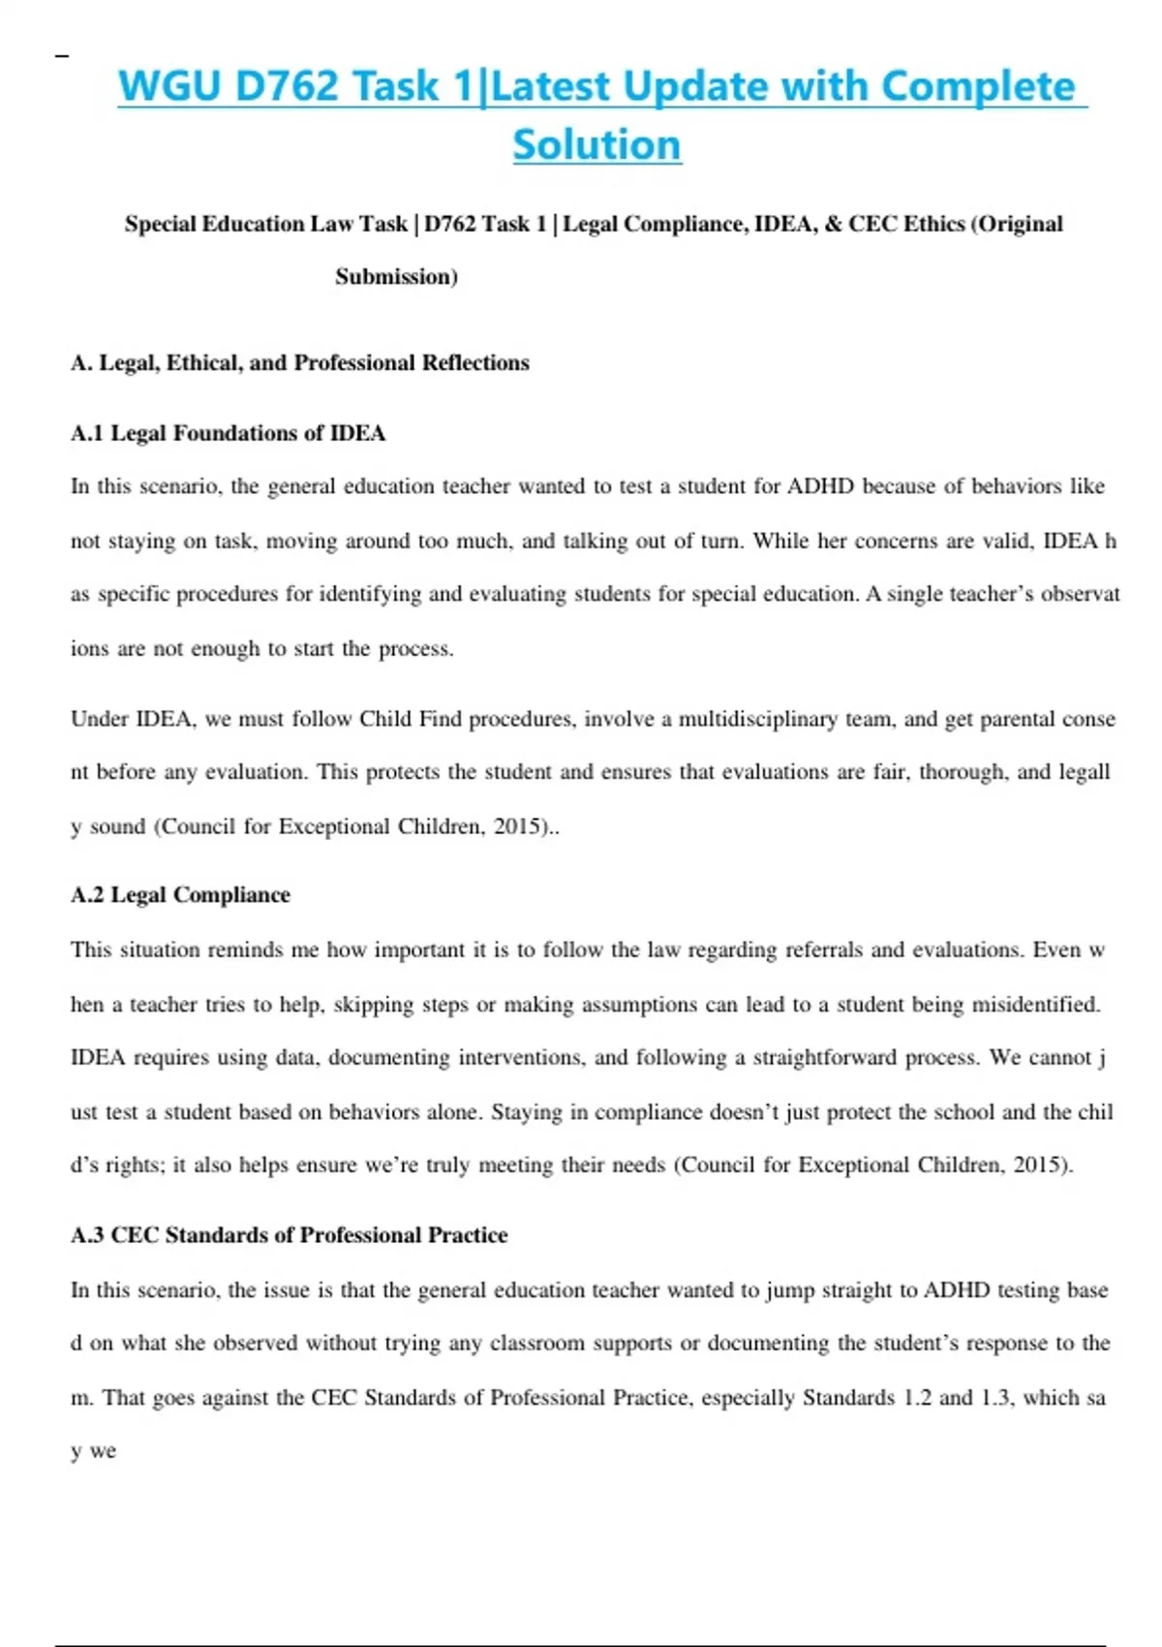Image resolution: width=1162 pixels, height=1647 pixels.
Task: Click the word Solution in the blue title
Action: pyautogui.click(x=596, y=145)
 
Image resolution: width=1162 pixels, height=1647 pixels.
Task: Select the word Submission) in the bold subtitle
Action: pyautogui.click(x=396, y=277)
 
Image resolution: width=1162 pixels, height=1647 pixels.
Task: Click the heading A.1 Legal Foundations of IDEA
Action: pyautogui.click(x=228, y=433)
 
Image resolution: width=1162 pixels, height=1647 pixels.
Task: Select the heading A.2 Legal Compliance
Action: pyautogui.click(x=180, y=895)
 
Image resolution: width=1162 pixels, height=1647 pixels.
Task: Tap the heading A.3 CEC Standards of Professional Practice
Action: pyautogui.click(x=289, y=1235)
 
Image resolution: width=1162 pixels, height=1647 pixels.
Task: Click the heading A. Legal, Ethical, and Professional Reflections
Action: pyautogui.click(x=299, y=363)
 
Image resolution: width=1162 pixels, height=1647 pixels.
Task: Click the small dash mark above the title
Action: pyautogui.click(x=62, y=57)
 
